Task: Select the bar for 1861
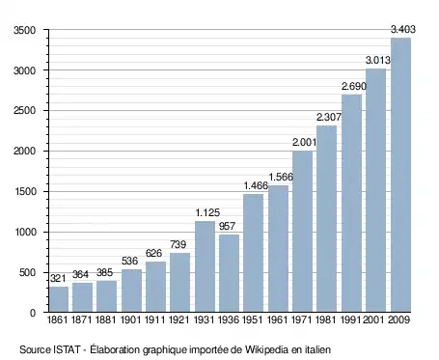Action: coord(59,299)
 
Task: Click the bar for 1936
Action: coord(230,273)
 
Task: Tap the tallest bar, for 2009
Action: coord(400,175)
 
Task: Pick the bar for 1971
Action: coord(302,232)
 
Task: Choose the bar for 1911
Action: coord(155,287)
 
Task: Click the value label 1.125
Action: coord(207,212)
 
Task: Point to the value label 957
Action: coord(227,226)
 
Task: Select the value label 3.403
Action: coord(403,29)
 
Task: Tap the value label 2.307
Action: coord(329,117)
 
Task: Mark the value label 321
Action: coord(58,278)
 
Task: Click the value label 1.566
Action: coord(281,177)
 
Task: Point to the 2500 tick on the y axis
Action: coord(24,111)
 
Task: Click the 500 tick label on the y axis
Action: coord(27,273)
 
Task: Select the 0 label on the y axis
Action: coord(33,313)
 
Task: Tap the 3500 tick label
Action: coord(24,30)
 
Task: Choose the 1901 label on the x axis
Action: coord(131,319)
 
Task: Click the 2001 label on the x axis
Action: coord(374,319)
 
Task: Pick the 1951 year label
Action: coord(253,319)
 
